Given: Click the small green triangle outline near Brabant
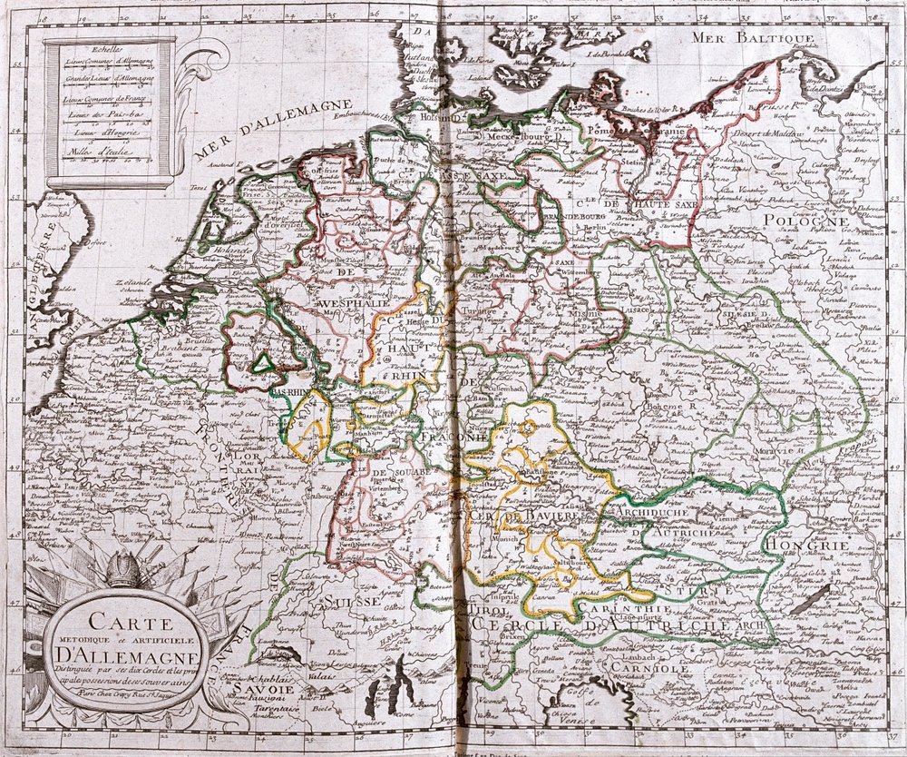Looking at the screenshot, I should point(263,363).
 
